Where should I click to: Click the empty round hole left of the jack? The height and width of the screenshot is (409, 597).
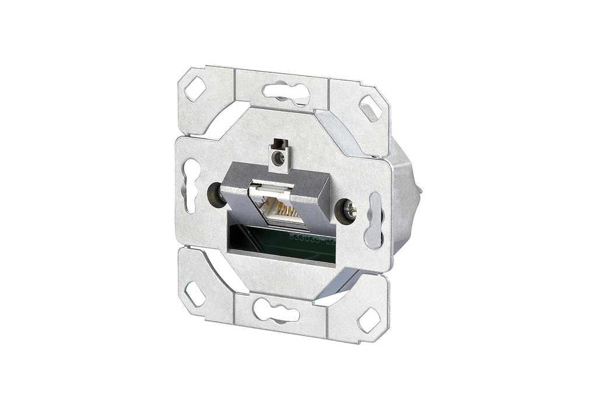[215, 193]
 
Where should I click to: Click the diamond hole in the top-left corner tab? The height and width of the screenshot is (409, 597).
[195, 89]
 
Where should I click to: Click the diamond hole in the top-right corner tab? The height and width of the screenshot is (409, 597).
[370, 108]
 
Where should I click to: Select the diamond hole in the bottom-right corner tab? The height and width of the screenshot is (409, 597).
[368, 319]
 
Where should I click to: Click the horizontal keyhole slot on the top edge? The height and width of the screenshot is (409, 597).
[285, 92]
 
